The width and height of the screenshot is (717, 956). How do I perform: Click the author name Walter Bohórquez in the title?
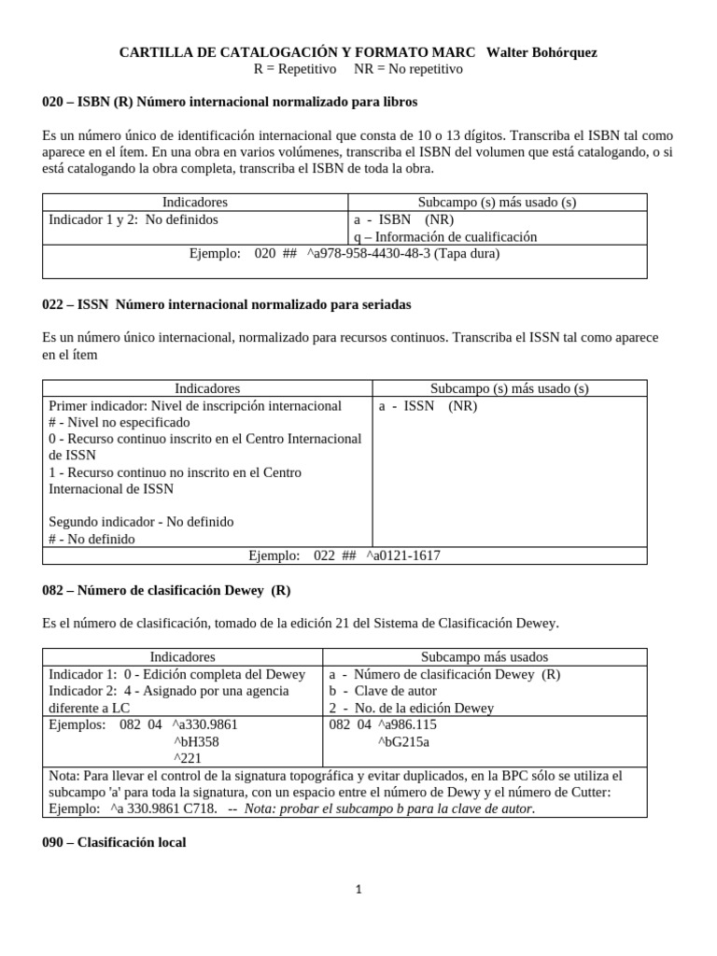click(x=542, y=52)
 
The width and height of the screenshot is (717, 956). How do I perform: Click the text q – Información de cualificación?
click(x=445, y=237)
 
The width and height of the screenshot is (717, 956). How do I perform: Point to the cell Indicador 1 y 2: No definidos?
click(x=134, y=220)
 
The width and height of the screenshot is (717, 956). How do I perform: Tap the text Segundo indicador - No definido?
click(x=141, y=522)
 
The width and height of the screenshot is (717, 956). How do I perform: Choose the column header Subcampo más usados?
click(x=484, y=657)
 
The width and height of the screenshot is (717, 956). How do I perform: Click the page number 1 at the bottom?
click(x=358, y=890)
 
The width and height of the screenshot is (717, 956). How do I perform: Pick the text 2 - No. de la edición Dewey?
click(x=412, y=709)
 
